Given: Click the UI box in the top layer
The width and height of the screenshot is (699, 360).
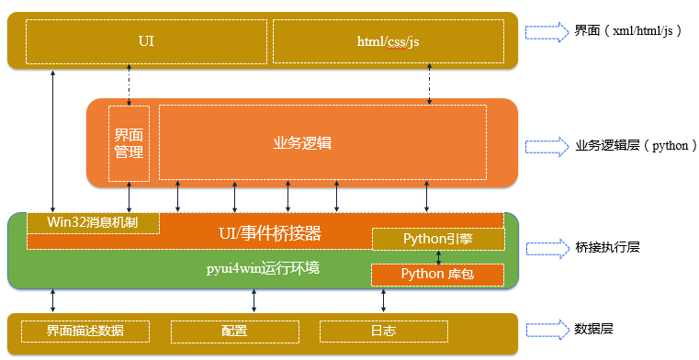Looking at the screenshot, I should [x=145, y=41].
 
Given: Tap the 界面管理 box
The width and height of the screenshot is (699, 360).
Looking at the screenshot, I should [x=129, y=142].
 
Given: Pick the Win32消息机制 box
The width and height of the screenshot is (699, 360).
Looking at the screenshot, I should [x=93, y=222].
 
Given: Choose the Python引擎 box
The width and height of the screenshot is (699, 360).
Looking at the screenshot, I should [x=437, y=239].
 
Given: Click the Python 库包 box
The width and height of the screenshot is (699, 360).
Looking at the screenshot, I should [x=437, y=274].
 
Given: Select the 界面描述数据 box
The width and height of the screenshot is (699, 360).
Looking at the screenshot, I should [x=85, y=331].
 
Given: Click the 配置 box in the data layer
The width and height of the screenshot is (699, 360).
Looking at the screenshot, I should [x=234, y=331].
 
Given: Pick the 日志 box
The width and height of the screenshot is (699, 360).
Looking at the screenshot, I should [x=383, y=331].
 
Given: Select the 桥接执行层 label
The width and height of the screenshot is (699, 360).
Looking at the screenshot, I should [x=607, y=247].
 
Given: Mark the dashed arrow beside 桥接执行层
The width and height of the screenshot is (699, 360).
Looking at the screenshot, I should [x=547, y=247].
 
